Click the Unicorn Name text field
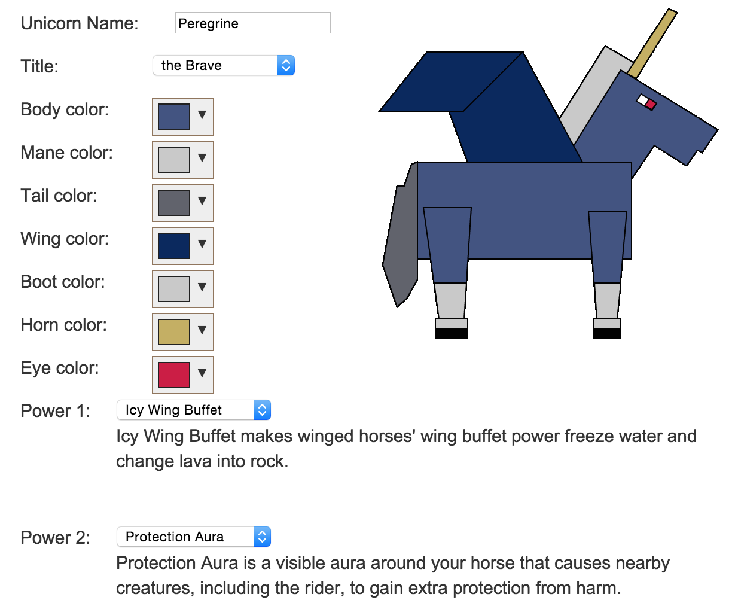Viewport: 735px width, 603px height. coord(252,23)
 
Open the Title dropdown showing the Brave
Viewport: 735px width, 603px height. coord(224,65)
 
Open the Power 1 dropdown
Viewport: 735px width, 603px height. coord(194,410)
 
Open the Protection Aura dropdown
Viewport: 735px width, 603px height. coord(194,537)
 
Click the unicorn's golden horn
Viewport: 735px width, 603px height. coord(652,43)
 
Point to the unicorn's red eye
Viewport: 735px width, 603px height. coord(651,105)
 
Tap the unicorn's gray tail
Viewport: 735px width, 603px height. coord(401,237)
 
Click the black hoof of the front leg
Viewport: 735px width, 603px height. coord(607,333)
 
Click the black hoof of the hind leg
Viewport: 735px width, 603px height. coord(452,333)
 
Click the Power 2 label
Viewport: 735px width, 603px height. coord(55,537)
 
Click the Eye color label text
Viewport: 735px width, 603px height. coord(60,368)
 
